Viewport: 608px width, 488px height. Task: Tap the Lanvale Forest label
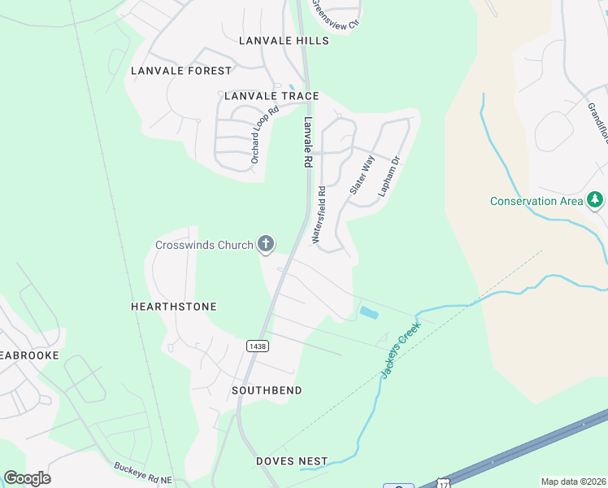point(181,71)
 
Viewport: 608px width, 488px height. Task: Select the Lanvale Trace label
point(271,96)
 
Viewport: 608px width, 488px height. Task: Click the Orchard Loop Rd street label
point(265,134)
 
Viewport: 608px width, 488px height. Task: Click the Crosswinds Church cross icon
point(265,243)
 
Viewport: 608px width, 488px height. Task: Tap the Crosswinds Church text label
point(204,245)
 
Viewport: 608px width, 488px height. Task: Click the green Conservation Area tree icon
point(596,200)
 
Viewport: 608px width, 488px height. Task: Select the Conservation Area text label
point(536,201)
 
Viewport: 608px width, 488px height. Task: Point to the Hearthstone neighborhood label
point(174,307)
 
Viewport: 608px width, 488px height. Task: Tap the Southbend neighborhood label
point(267,390)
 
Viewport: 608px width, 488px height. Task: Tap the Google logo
point(27,478)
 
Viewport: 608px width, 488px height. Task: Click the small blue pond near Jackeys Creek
point(368,312)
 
